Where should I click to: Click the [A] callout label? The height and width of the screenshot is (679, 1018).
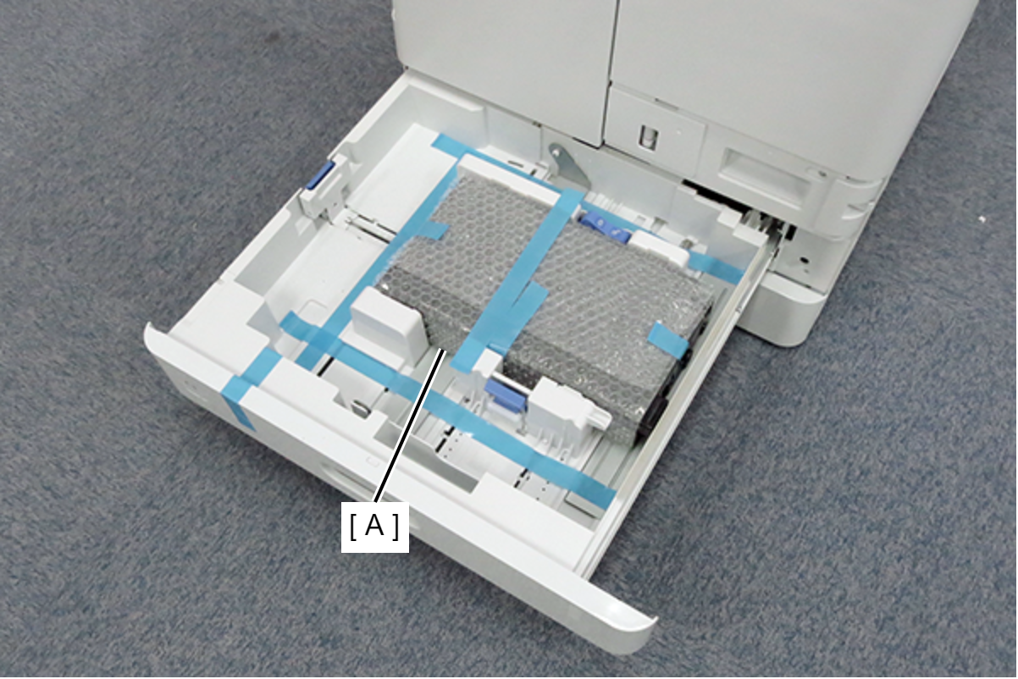(x=375, y=527)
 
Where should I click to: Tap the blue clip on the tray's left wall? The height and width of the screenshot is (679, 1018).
(x=320, y=176)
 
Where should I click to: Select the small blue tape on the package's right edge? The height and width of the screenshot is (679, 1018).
(x=668, y=339)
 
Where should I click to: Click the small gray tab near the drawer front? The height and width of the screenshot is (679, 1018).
(x=360, y=407)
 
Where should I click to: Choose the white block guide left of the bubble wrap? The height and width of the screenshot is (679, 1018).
(x=388, y=319)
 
